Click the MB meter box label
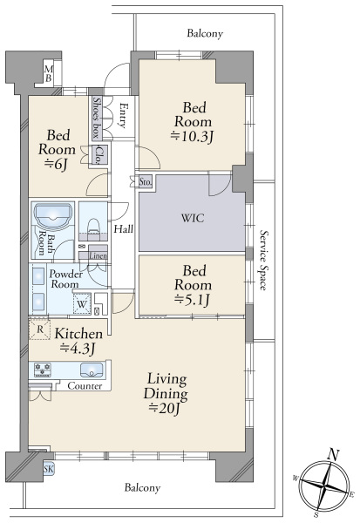coord(49,74)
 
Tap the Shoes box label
coord(97,118)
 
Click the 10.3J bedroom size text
coord(192,136)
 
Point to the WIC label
coord(193,218)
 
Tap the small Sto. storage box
coord(146,182)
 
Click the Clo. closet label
coord(98,155)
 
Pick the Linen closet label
coord(98,255)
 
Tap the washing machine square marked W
coord(82,303)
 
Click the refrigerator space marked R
coord(40,329)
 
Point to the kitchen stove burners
coord(43,370)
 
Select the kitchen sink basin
coord(91,370)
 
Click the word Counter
coord(85,386)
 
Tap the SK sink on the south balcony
coord(49,469)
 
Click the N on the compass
coord(333,454)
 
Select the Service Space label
coord(263,260)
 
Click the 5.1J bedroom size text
coord(192,300)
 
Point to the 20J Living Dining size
coord(165,408)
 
